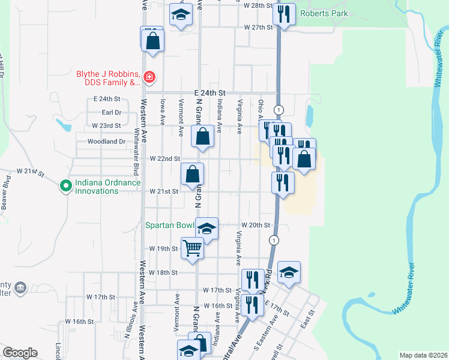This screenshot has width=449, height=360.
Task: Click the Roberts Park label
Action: [x=324, y=13]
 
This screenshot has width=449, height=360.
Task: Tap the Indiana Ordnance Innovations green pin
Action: [x=65, y=187]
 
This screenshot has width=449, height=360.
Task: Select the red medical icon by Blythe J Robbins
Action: [x=149, y=77]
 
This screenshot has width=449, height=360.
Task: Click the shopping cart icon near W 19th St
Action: [x=192, y=247]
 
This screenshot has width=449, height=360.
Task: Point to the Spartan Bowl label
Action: [x=169, y=226]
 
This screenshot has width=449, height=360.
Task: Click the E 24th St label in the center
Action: [x=209, y=93]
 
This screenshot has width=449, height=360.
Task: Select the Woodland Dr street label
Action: [x=105, y=142]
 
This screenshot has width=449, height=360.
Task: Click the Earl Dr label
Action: [x=112, y=112]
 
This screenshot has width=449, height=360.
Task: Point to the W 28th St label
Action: [x=259, y=5]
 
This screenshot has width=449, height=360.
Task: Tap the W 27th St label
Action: [x=259, y=28]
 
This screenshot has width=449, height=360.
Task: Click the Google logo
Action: [x=19, y=353]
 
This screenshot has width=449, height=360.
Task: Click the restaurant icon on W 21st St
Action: [x=283, y=182]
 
